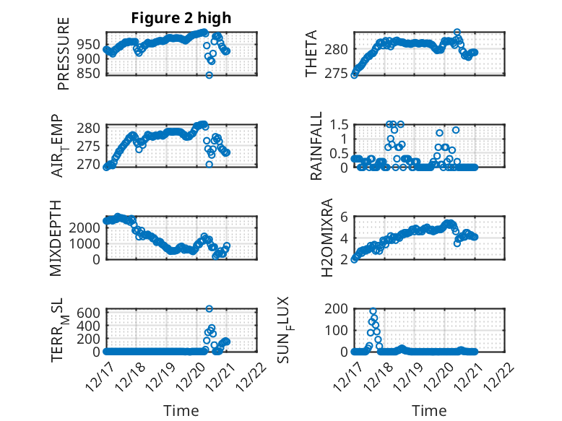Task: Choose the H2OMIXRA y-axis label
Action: pyautogui.click(x=327, y=238)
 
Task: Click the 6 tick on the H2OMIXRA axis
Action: pyautogui.click(x=345, y=217)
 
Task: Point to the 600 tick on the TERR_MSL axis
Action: pyautogui.click(x=90, y=312)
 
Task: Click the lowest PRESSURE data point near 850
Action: pyautogui.click(x=209, y=75)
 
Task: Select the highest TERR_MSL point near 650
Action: pyautogui.click(x=209, y=309)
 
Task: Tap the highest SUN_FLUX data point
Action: pyautogui.click(x=373, y=311)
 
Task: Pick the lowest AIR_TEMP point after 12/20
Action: pyautogui.click(x=209, y=164)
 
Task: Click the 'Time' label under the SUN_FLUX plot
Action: pyautogui.click(x=429, y=410)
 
